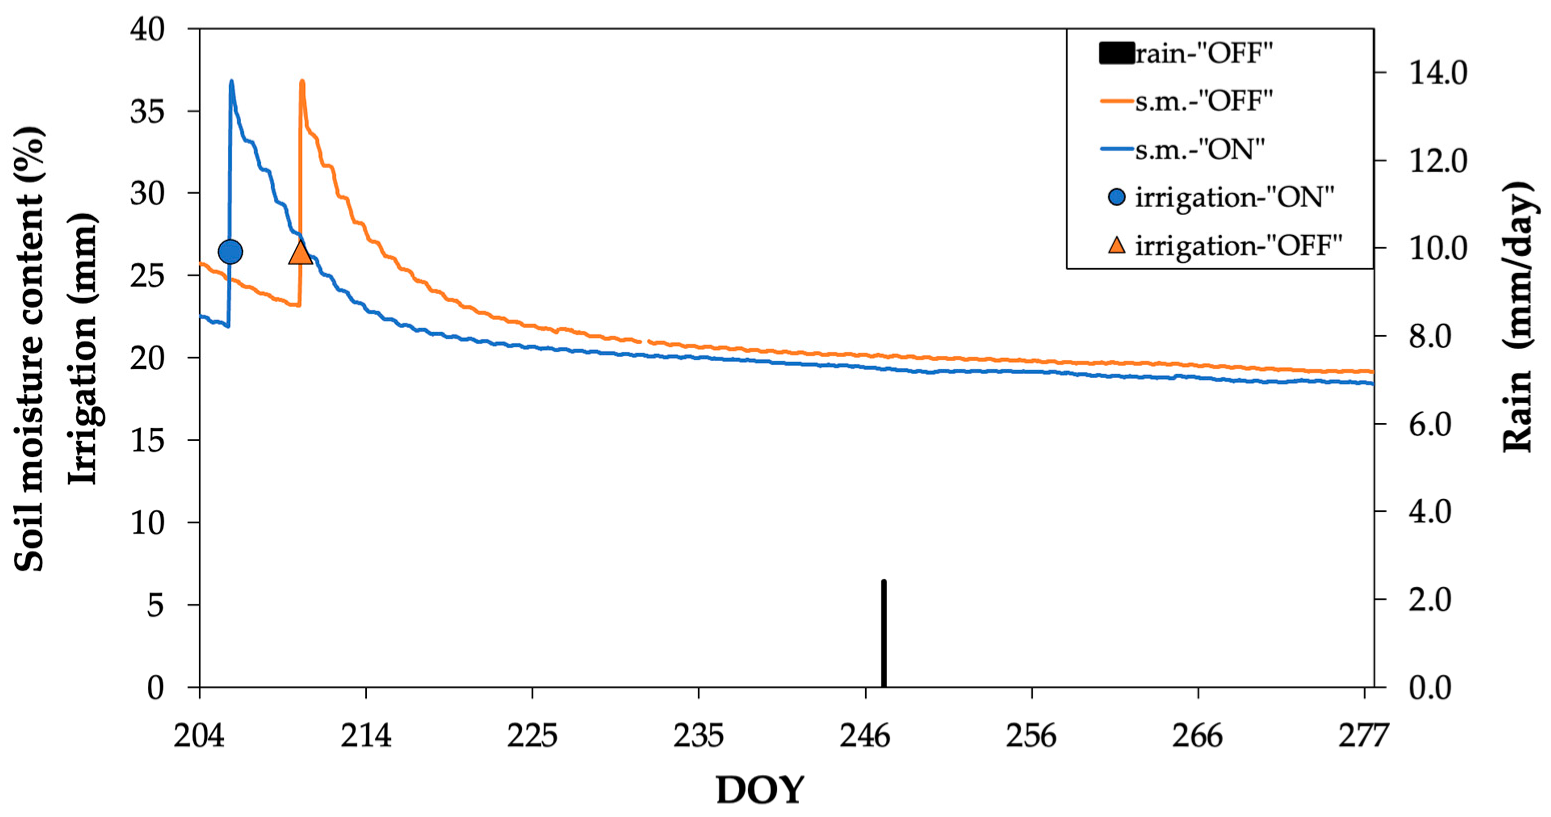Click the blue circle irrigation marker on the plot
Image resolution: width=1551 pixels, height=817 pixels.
(230, 251)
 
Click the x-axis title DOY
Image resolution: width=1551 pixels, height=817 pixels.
(760, 790)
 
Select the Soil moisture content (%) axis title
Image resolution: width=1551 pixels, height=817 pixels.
(29, 349)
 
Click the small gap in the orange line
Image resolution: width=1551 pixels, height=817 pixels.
(645, 342)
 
